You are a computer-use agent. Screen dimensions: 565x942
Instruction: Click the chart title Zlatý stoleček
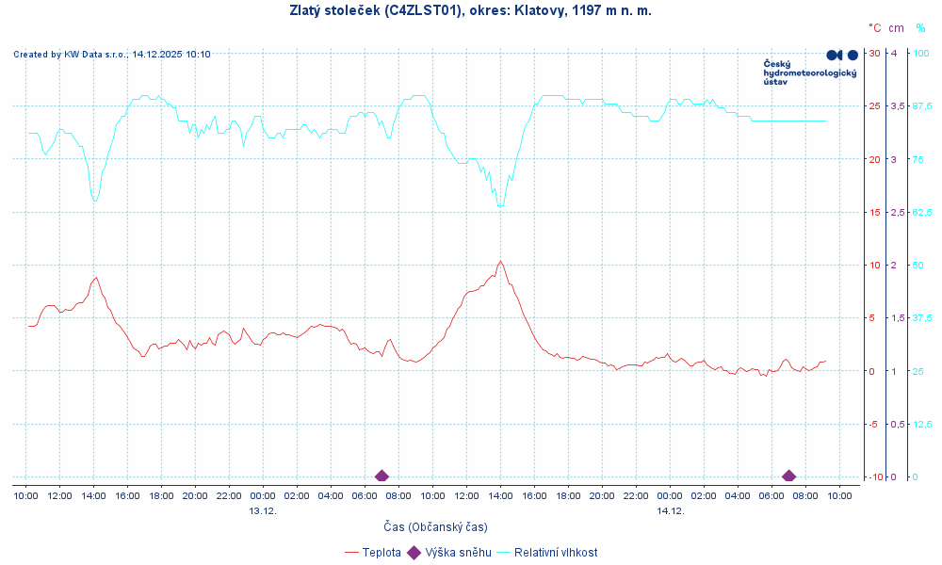(x=470, y=10)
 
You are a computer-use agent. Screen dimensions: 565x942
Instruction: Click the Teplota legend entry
(x=382, y=553)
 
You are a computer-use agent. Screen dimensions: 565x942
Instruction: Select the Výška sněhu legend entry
(x=458, y=553)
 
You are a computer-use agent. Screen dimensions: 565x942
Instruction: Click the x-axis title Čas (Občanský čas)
(x=435, y=526)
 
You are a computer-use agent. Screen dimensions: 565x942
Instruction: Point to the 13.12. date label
(x=263, y=510)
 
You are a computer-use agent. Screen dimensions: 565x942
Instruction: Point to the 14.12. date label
(x=670, y=510)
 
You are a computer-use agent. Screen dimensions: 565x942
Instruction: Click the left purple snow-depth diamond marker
(x=382, y=476)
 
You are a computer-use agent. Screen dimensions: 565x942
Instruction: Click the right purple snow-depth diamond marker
(x=788, y=476)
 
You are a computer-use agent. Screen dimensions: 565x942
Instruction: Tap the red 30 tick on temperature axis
(x=874, y=53)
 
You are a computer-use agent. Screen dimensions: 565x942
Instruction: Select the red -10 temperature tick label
(x=872, y=477)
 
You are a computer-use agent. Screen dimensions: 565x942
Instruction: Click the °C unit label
(x=875, y=28)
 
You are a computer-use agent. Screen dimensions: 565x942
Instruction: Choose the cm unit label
(x=895, y=28)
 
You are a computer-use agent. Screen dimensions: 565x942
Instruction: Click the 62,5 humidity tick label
(x=922, y=212)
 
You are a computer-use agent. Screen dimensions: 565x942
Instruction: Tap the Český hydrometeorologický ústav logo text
(x=809, y=73)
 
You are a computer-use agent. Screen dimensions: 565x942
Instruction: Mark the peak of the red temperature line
(x=500, y=262)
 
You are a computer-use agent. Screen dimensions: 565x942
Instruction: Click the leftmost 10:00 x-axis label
(x=25, y=495)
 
